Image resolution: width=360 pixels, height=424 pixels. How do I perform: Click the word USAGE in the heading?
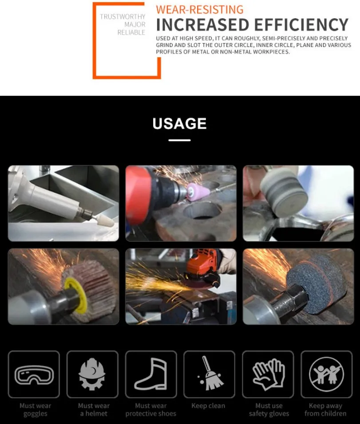[180, 124]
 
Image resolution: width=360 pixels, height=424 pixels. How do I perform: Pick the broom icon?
[209, 374]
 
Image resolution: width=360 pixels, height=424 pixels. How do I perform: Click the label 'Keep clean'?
[208, 406]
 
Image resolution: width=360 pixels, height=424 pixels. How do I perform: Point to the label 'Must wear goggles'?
[35, 409]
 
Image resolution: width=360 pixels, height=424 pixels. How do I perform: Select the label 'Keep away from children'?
[325, 409]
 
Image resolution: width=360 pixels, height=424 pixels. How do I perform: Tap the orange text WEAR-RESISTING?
[200, 9]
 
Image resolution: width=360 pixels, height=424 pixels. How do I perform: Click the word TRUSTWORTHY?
[123, 17]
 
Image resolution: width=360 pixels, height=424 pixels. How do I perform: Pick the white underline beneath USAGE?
[180, 140]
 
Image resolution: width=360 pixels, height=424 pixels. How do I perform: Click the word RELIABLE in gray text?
[131, 33]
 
